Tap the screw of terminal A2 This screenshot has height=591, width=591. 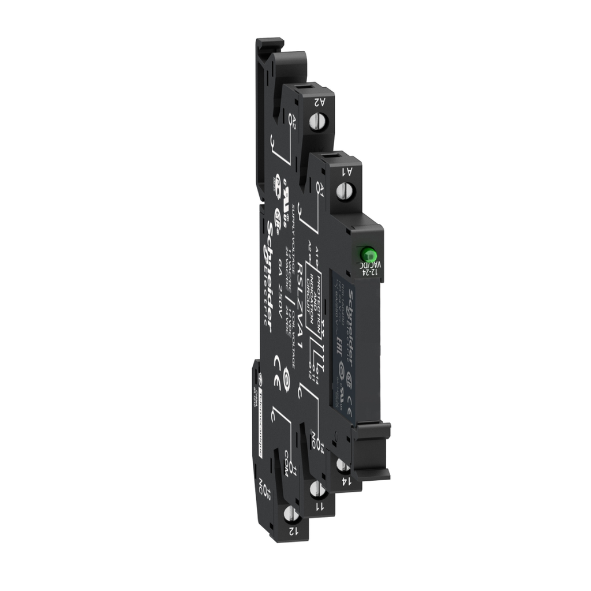316,122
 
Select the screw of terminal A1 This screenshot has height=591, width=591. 347,188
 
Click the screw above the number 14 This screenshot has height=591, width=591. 342,465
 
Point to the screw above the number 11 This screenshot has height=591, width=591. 316,490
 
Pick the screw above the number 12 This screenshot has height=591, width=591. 292,513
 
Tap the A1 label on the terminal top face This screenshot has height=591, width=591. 348,171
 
